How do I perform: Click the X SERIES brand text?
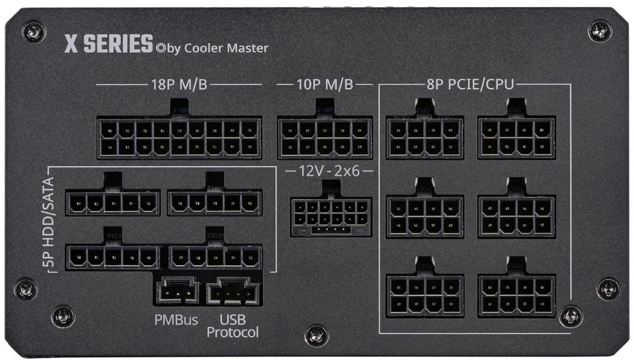pyautogui.click(x=108, y=45)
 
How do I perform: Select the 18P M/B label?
pyautogui.click(x=178, y=85)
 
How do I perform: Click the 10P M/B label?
pyautogui.click(x=324, y=85)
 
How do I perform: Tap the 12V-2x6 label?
pyautogui.click(x=331, y=172)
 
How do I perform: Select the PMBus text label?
pyautogui.click(x=176, y=321)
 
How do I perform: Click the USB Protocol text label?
pyautogui.click(x=232, y=327)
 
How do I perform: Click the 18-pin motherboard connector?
pyautogui.click(x=178, y=137)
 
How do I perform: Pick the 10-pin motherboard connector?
pyautogui.click(x=324, y=137)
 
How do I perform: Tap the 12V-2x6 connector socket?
pyautogui.click(x=331, y=217)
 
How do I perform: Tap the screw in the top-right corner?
pyautogui.click(x=600, y=31)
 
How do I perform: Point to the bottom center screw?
pyautogui.click(x=316, y=335)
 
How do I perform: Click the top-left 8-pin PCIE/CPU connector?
pyautogui.click(x=424, y=137)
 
